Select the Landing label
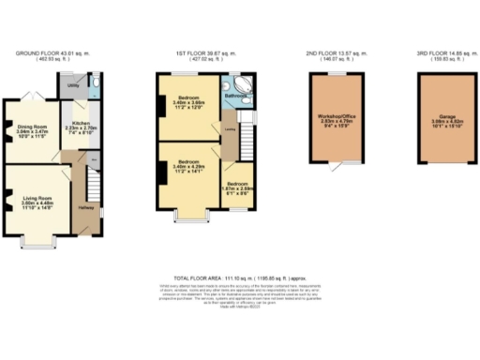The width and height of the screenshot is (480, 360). click(230, 131)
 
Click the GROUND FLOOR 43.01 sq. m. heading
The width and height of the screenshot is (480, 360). click(51, 53)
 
